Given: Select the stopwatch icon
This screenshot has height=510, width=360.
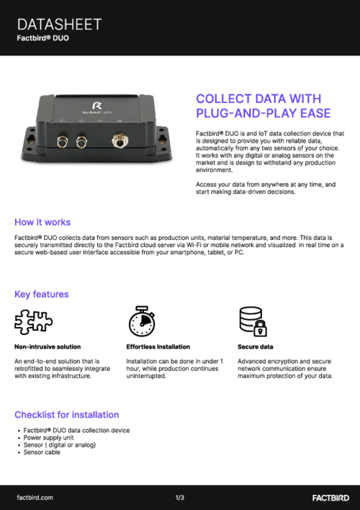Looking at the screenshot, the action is [141, 321].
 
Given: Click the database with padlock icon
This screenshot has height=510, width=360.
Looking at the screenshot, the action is [252, 321].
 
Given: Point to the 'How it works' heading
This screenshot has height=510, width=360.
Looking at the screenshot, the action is [42, 222].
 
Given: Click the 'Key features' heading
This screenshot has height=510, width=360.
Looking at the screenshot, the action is [42, 294].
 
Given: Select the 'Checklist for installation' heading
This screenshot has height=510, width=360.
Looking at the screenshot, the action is [66, 414].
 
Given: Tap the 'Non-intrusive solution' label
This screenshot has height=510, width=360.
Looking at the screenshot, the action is [48, 346].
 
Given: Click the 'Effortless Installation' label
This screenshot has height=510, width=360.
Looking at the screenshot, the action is [158, 346].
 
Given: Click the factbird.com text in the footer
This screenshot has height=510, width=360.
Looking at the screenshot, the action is [35, 497].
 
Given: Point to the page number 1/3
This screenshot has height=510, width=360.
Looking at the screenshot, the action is [180, 497].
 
